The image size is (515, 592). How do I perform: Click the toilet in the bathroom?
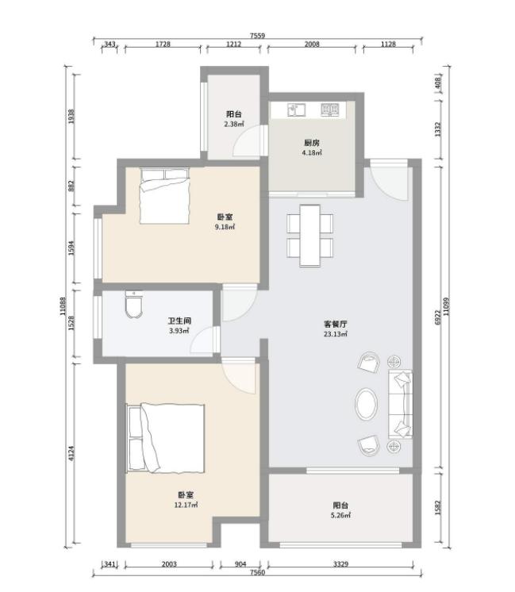[x=134, y=304]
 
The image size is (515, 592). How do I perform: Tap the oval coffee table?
[x=366, y=404]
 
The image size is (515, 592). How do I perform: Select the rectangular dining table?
[x=310, y=235]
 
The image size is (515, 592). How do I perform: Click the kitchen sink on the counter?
[x=296, y=110]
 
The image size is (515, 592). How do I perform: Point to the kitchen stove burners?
[x=330, y=109]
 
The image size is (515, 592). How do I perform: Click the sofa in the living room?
[x=400, y=404]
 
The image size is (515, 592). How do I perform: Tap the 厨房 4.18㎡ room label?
[x=312, y=148]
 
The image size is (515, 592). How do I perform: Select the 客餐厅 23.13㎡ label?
[x=336, y=329]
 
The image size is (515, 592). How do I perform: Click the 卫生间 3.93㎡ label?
[x=179, y=326]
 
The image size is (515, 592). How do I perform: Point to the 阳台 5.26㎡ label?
[x=340, y=510]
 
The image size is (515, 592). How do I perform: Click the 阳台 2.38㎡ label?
[x=234, y=119]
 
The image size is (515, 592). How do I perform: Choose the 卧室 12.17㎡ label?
[x=186, y=500]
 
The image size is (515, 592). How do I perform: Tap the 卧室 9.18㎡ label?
[x=225, y=221]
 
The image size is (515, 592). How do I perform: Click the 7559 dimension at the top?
[x=257, y=36]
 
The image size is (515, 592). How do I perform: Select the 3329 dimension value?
[x=340, y=564]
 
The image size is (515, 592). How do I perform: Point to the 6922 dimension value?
[x=438, y=317]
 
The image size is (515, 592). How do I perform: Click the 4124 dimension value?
[x=71, y=453]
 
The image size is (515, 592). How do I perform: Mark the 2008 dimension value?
[x=312, y=44]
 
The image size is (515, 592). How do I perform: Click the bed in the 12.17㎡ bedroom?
[x=166, y=438]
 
